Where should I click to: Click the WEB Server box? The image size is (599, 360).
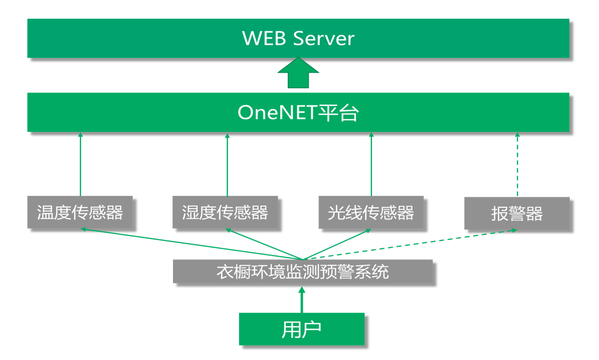coord(298,38)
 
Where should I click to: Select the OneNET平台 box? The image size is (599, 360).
coord(298,112)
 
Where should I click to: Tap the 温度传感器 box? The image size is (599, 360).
coord(80,212)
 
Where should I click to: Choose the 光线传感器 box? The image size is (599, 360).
coord(371,212)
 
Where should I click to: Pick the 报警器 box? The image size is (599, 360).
coord(517,213)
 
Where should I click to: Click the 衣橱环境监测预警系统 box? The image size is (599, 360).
coord(302,271)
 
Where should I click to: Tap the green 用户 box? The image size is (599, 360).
coord(301,329)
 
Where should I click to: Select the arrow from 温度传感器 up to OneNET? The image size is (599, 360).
coord(81,164)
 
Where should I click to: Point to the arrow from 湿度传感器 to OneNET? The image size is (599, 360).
coord(227,164)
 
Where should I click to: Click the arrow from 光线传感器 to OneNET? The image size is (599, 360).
coord(371,164)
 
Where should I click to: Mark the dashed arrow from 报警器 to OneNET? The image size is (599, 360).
coord(517,164)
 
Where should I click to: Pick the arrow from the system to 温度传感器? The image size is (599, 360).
coord(192,244)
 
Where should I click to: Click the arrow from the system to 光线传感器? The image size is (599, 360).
coord(338,244)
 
